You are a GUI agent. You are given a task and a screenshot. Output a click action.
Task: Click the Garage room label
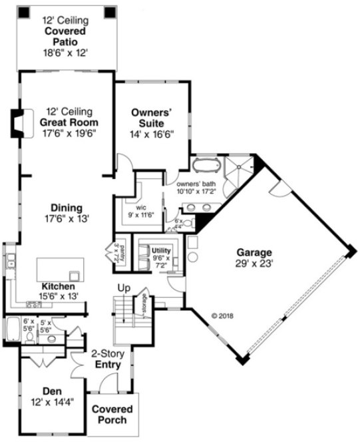pyautogui.click(x=254, y=252)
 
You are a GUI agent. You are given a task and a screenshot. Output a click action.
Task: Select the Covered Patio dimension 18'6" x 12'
pyautogui.click(x=65, y=51)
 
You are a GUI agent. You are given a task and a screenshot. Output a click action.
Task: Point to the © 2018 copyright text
pyautogui.click(x=224, y=315)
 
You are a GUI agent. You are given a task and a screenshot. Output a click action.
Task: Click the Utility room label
pyautogui.click(x=162, y=250)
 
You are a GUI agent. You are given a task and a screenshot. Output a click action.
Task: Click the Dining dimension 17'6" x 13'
pyautogui.click(x=67, y=218)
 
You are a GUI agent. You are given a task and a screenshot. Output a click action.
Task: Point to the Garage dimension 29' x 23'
pyautogui.click(x=254, y=263)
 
